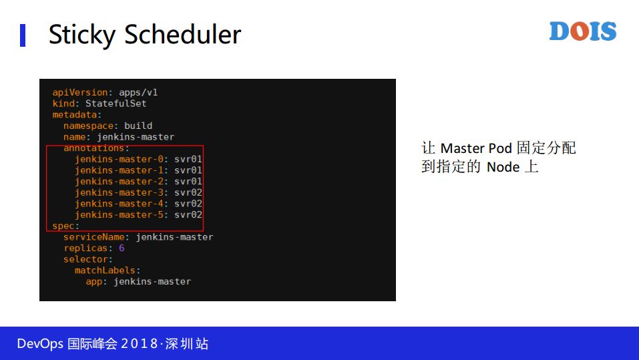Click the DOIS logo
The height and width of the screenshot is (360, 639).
pos(582,31)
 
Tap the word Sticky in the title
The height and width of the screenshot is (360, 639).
pos(81,35)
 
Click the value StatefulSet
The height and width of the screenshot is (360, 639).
pos(116,104)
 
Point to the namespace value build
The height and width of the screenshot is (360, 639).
pos(138,126)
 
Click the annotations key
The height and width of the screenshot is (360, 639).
pos(95,148)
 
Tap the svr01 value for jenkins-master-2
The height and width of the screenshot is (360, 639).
pos(188,181)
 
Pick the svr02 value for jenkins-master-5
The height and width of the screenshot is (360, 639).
pos(188,214)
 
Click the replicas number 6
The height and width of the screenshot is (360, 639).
pos(122,248)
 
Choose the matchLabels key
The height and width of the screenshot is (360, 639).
pos(107,271)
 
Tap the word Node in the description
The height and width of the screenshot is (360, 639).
pos(503,167)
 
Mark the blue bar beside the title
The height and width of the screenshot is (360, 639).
pos(23,35)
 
